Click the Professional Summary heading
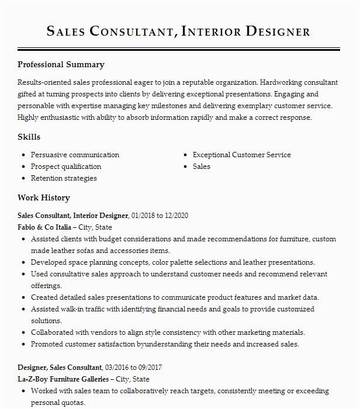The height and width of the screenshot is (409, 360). click(61, 65)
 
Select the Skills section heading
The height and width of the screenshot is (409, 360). click(29, 137)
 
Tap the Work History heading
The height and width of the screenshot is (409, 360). click(44, 198)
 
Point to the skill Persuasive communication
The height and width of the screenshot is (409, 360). click(75, 155)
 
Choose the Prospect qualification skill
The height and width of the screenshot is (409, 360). click(66, 167)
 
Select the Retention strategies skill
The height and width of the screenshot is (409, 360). click(64, 178)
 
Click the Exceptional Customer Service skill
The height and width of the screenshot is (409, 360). click(241, 155)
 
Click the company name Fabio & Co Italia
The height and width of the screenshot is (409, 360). click(44, 227)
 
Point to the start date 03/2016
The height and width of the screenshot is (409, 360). click(117, 368)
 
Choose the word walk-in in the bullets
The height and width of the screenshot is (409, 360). click(72, 309)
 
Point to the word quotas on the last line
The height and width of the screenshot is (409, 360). click(74, 403)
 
